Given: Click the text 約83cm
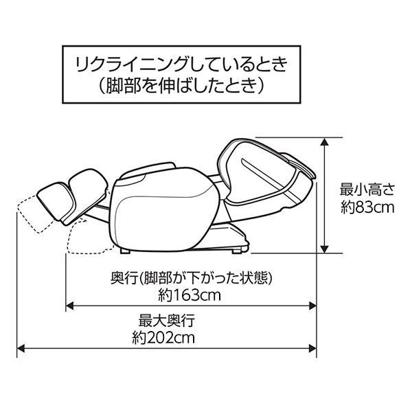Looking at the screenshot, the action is tap(367, 207).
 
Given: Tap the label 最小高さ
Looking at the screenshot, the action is tap(367, 190).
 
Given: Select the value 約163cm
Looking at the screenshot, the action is tap(190, 295).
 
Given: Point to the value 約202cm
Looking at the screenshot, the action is tap(163, 338).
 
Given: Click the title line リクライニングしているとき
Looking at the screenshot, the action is tap(181, 65).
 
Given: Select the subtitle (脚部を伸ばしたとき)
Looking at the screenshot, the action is tap(181, 86).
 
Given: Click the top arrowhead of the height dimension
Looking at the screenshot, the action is tap(325, 142).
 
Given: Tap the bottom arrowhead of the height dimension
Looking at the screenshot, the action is tap(325, 249).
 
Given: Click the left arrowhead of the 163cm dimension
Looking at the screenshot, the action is tap(69, 306).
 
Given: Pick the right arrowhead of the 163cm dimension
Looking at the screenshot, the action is tap(312, 306).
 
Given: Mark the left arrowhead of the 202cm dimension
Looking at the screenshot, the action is tap(21, 349).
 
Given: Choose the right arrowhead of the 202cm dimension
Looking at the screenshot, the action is tap(312, 349).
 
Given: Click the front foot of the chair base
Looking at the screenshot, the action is tap(126, 251).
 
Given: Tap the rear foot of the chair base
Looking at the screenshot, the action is tap(237, 251).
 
